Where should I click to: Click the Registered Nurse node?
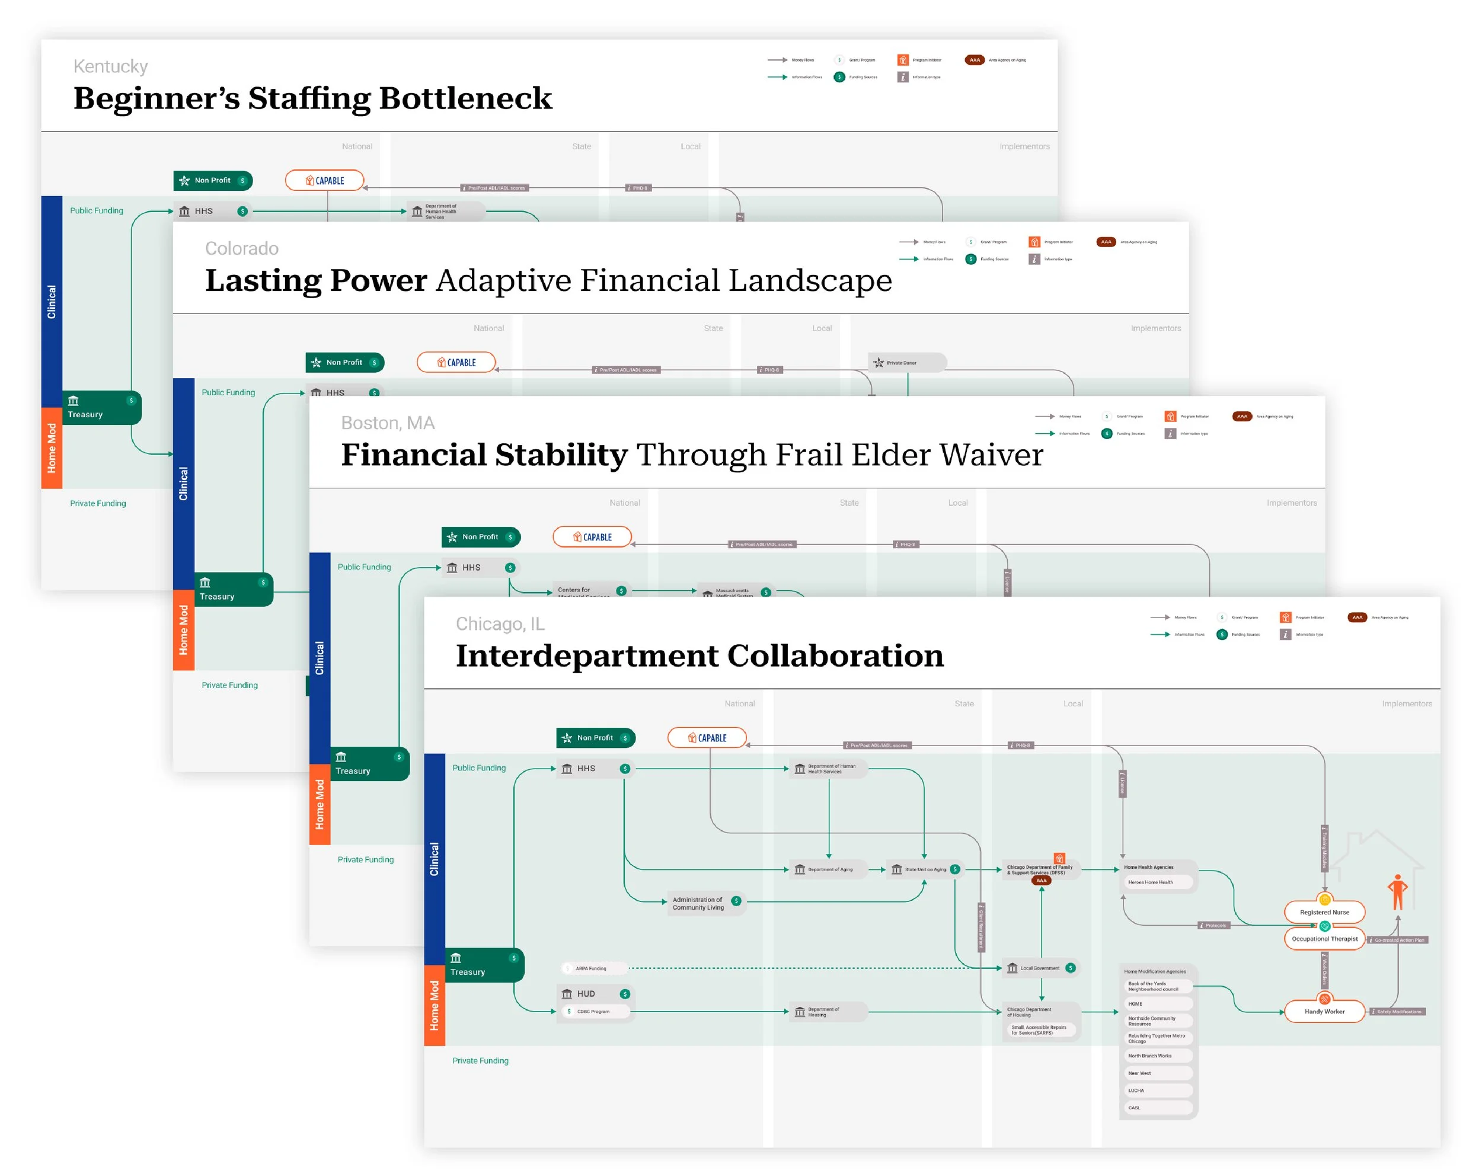coord(1324,912)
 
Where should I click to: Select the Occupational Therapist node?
coord(1324,939)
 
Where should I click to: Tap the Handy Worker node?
coord(1324,1012)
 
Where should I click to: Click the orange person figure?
coord(1397,892)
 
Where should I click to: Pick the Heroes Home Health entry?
coord(1158,882)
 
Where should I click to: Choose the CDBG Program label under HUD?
coord(593,1012)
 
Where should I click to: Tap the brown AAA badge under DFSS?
coord(1042,881)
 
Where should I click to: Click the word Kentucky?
coord(111,67)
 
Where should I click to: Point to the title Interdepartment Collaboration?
coord(699,655)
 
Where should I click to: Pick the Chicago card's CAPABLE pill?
coord(707,738)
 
